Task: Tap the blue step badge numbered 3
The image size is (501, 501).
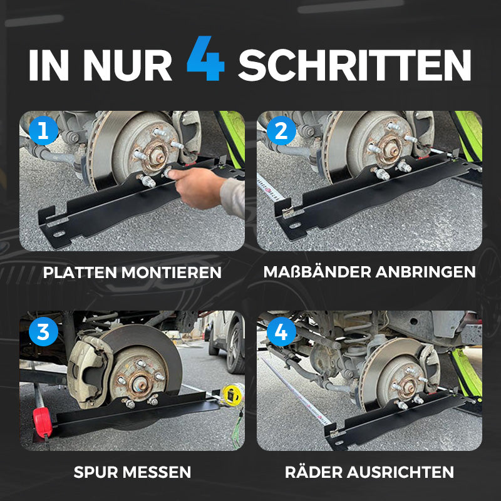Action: tap(43, 332)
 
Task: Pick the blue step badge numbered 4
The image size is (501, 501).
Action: tap(281, 332)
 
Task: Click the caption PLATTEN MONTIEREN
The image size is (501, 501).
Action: tap(132, 272)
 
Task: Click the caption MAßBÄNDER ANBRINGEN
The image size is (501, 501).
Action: tap(369, 272)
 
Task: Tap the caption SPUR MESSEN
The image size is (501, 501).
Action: tap(132, 472)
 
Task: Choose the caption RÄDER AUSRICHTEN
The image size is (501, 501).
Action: tap(369, 472)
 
